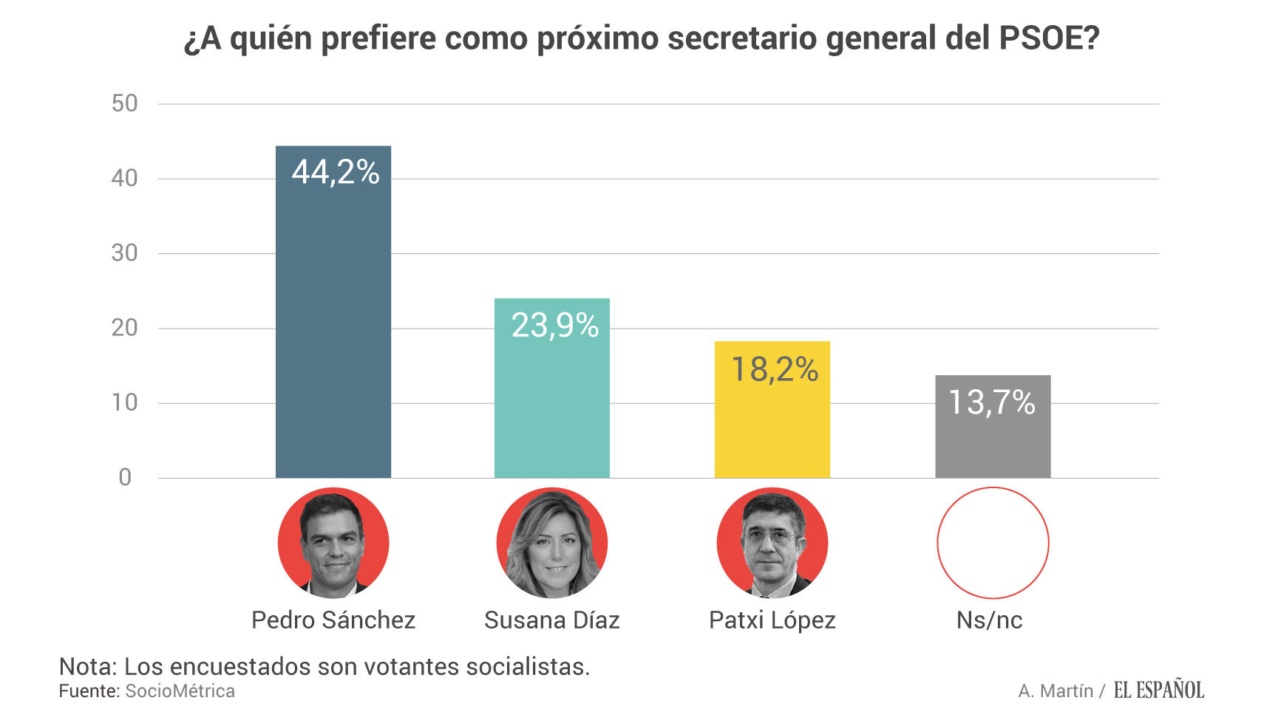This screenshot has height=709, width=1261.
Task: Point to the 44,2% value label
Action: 336,172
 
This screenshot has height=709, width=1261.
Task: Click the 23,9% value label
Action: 555,326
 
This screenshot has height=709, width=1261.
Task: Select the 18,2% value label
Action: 775,369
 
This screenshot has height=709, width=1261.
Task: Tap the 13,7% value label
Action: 992,403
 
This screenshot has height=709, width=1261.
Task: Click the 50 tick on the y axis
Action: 125,103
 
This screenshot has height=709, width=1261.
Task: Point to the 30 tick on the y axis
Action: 125,253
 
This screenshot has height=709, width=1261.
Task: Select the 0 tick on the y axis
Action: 125,478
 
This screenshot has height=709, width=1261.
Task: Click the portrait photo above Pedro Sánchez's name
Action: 333,543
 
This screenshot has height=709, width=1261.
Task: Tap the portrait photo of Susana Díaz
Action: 552,543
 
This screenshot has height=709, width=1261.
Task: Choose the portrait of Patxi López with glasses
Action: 772,543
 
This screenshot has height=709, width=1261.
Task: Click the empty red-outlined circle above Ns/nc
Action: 993,543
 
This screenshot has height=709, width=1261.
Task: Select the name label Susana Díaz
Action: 552,620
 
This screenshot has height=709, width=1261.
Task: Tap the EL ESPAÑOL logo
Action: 1159,690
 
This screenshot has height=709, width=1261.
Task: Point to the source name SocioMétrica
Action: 180,691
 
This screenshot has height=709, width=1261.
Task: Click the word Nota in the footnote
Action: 87,666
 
